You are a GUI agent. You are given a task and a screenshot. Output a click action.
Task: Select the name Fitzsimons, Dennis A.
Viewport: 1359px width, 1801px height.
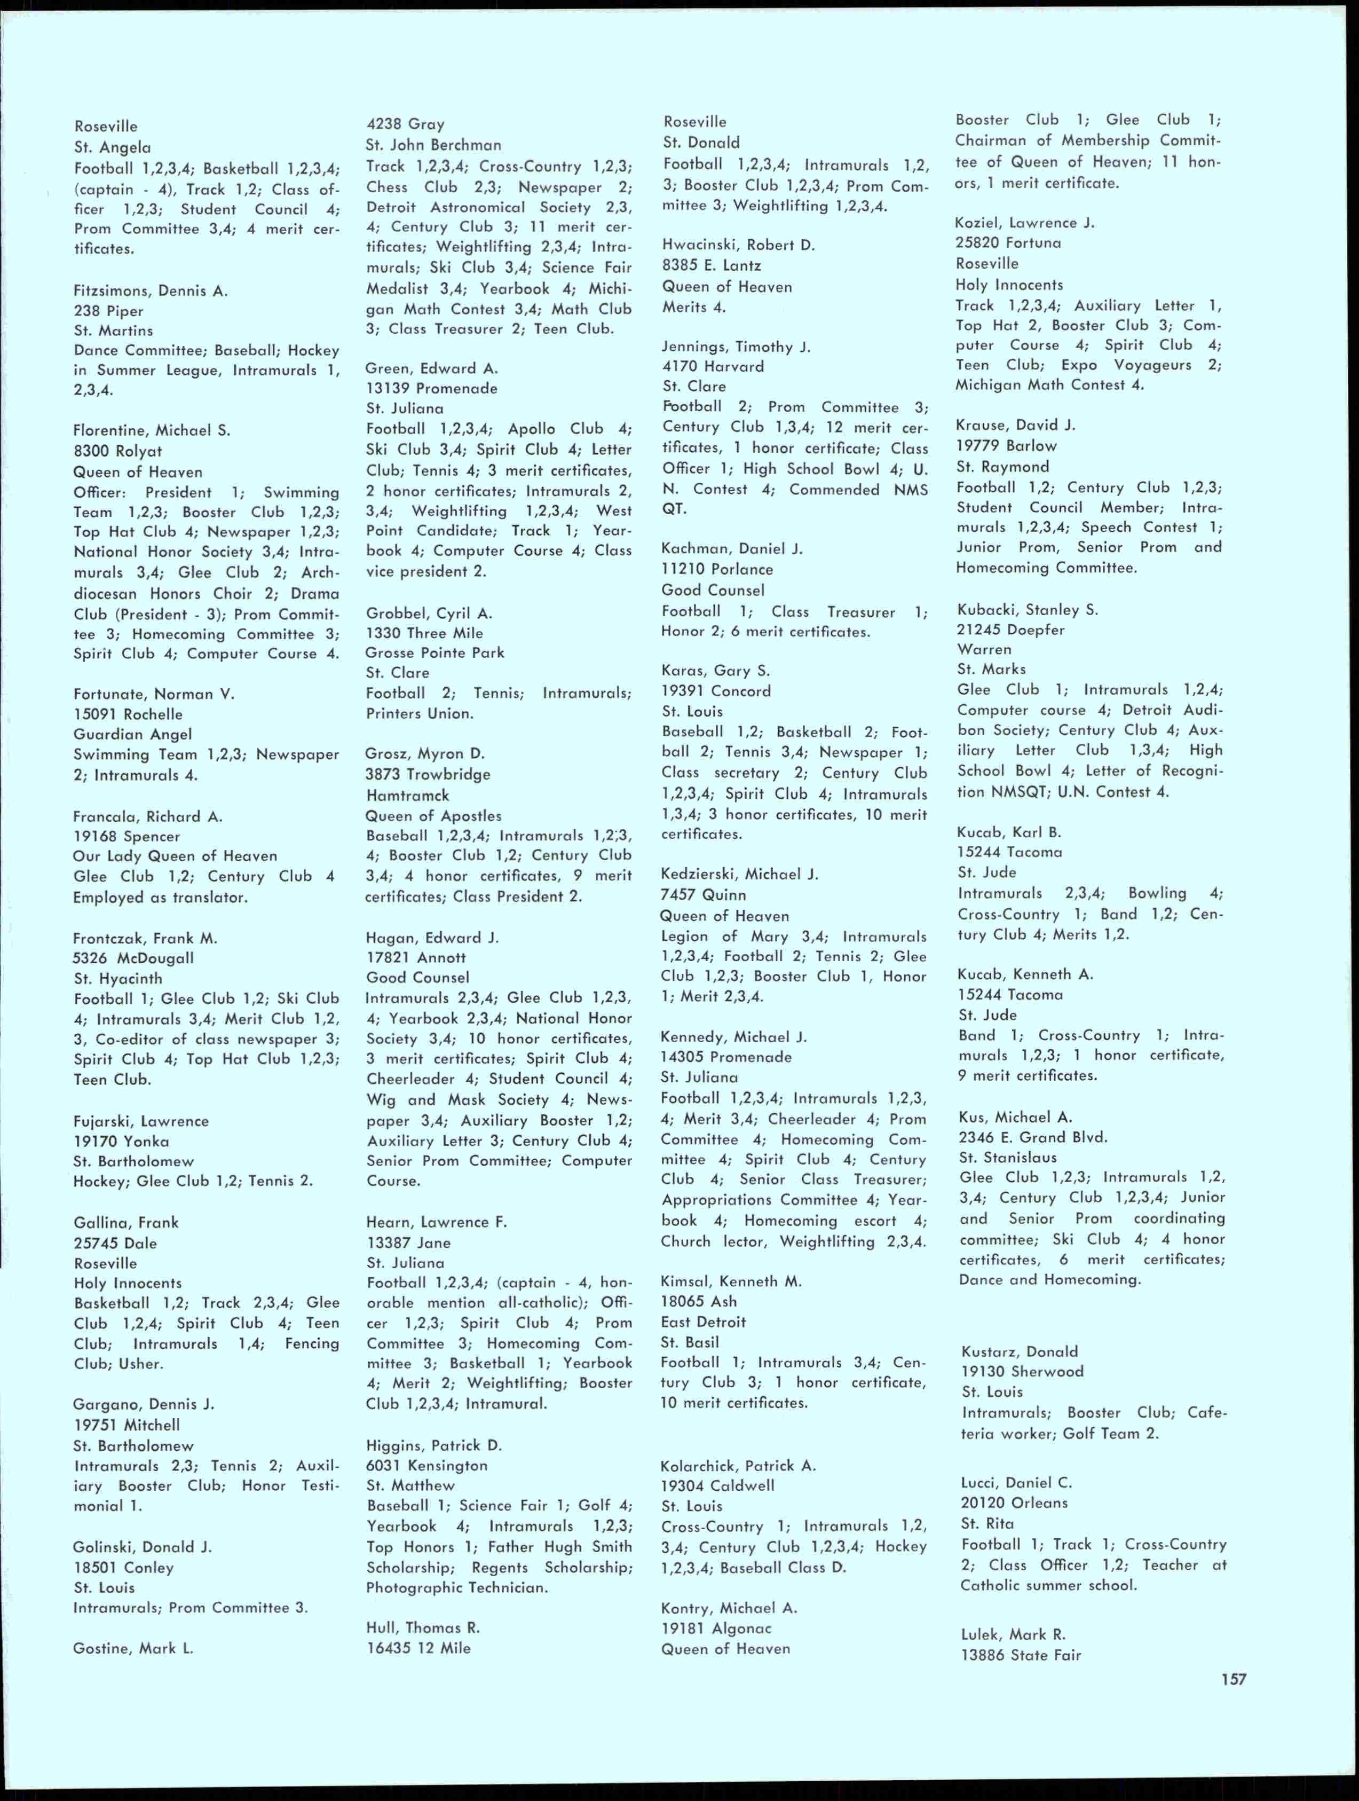(151, 290)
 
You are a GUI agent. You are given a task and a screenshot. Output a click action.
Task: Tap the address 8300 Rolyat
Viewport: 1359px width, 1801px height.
(118, 451)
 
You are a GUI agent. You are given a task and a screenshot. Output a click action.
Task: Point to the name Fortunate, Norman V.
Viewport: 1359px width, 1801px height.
(154, 694)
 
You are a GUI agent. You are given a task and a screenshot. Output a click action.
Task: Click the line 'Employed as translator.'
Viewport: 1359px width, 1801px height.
(160, 897)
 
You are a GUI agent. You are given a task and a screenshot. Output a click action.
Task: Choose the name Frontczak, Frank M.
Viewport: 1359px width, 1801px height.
(145, 938)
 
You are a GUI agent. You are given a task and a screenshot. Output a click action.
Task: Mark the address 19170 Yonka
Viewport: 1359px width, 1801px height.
(121, 1142)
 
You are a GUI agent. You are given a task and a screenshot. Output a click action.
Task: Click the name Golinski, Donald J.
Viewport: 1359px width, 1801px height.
(143, 1547)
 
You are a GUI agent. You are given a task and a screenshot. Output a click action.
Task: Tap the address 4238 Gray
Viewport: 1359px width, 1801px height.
(405, 124)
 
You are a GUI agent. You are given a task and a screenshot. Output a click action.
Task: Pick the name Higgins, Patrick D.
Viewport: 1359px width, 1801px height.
(434, 1445)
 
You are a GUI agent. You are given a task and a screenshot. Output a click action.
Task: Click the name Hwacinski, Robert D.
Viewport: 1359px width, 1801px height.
(738, 245)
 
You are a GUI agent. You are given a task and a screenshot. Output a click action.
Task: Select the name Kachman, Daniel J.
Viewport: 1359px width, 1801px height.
(732, 549)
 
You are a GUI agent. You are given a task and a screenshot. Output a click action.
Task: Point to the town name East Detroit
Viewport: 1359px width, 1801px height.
(704, 1322)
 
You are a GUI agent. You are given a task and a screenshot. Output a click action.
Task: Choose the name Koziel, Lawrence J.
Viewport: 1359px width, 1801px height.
(1024, 222)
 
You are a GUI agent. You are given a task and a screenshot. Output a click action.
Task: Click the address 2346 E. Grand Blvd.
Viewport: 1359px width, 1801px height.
(1033, 1137)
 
